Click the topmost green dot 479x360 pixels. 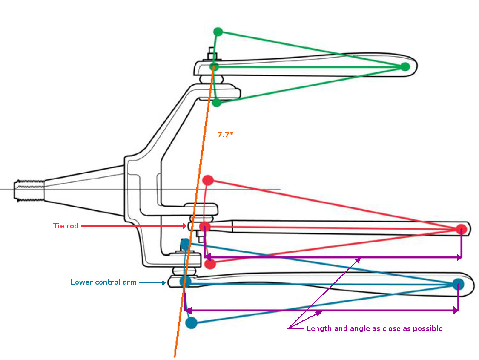coord(218,32)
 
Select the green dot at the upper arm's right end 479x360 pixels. coord(405,66)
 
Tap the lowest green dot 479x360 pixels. coord(217,102)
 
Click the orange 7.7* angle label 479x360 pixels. coord(226,135)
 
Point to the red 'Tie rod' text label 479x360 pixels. coord(66,226)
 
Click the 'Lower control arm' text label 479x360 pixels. coord(103,282)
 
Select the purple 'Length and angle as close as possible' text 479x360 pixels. coord(374,328)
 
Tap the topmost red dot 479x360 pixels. coord(208,180)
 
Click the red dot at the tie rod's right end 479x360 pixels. coord(461,229)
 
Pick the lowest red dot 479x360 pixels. coord(210,264)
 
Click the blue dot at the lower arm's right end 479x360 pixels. coord(458,284)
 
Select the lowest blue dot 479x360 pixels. coord(192,323)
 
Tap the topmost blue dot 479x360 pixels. coord(185,244)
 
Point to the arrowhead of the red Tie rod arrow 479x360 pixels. coord(184,226)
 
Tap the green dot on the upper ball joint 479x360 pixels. coord(215,66)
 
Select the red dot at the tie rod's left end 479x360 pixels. coord(205,226)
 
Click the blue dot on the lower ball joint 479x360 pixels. coord(185,281)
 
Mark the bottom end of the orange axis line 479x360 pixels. coord(175,356)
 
